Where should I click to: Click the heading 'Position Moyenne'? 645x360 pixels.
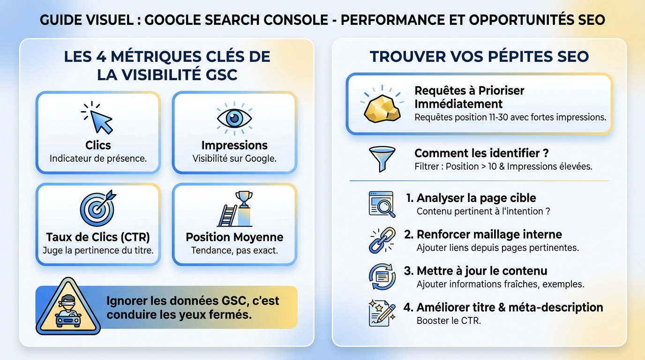click(x=234, y=237)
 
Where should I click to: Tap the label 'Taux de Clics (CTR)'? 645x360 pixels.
click(x=98, y=237)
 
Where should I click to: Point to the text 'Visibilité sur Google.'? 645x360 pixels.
click(x=234, y=158)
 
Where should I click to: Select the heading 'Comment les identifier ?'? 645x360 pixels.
click(x=481, y=153)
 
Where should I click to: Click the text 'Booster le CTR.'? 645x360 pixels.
click(x=449, y=321)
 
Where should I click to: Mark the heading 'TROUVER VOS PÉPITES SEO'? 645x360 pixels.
click(x=479, y=57)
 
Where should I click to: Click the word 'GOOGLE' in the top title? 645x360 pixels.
click(x=177, y=20)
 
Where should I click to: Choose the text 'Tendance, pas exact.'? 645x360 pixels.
click(x=234, y=250)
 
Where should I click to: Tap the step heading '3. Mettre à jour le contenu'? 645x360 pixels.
click(x=475, y=271)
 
